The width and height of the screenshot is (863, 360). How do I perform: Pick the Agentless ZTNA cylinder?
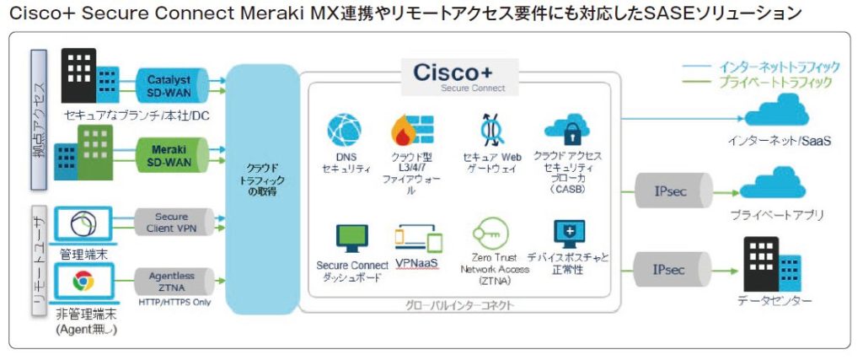[172, 280]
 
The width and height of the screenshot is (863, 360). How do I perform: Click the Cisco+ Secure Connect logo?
[459, 74]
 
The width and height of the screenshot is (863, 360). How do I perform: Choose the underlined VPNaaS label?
[417, 262]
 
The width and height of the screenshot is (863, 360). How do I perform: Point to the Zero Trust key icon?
[491, 233]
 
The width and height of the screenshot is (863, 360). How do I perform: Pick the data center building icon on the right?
[772, 263]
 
